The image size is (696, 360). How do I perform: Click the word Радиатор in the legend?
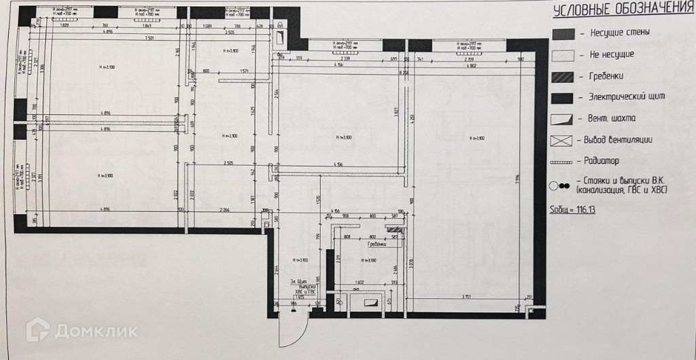coord(602,162)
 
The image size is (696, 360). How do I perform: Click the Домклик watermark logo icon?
coord(38,331)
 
